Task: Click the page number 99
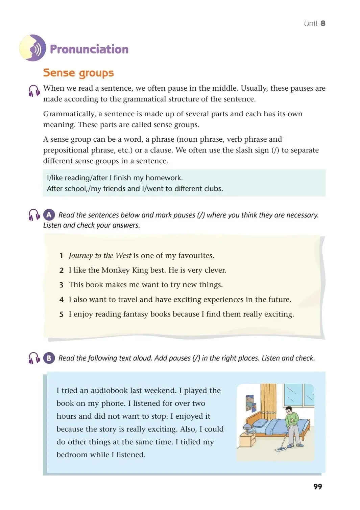(317, 486)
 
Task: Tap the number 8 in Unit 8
(323, 23)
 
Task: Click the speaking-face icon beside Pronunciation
(32, 48)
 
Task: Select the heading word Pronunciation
(89, 49)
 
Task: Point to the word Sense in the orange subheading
(59, 73)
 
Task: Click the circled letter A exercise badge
(49, 215)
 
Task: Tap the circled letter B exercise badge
(49, 358)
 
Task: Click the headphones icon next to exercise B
(34, 358)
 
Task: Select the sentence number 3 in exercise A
(61, 285)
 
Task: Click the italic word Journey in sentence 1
(80, 256)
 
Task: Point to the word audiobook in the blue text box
(110, 391)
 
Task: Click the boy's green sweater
(292, 419)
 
